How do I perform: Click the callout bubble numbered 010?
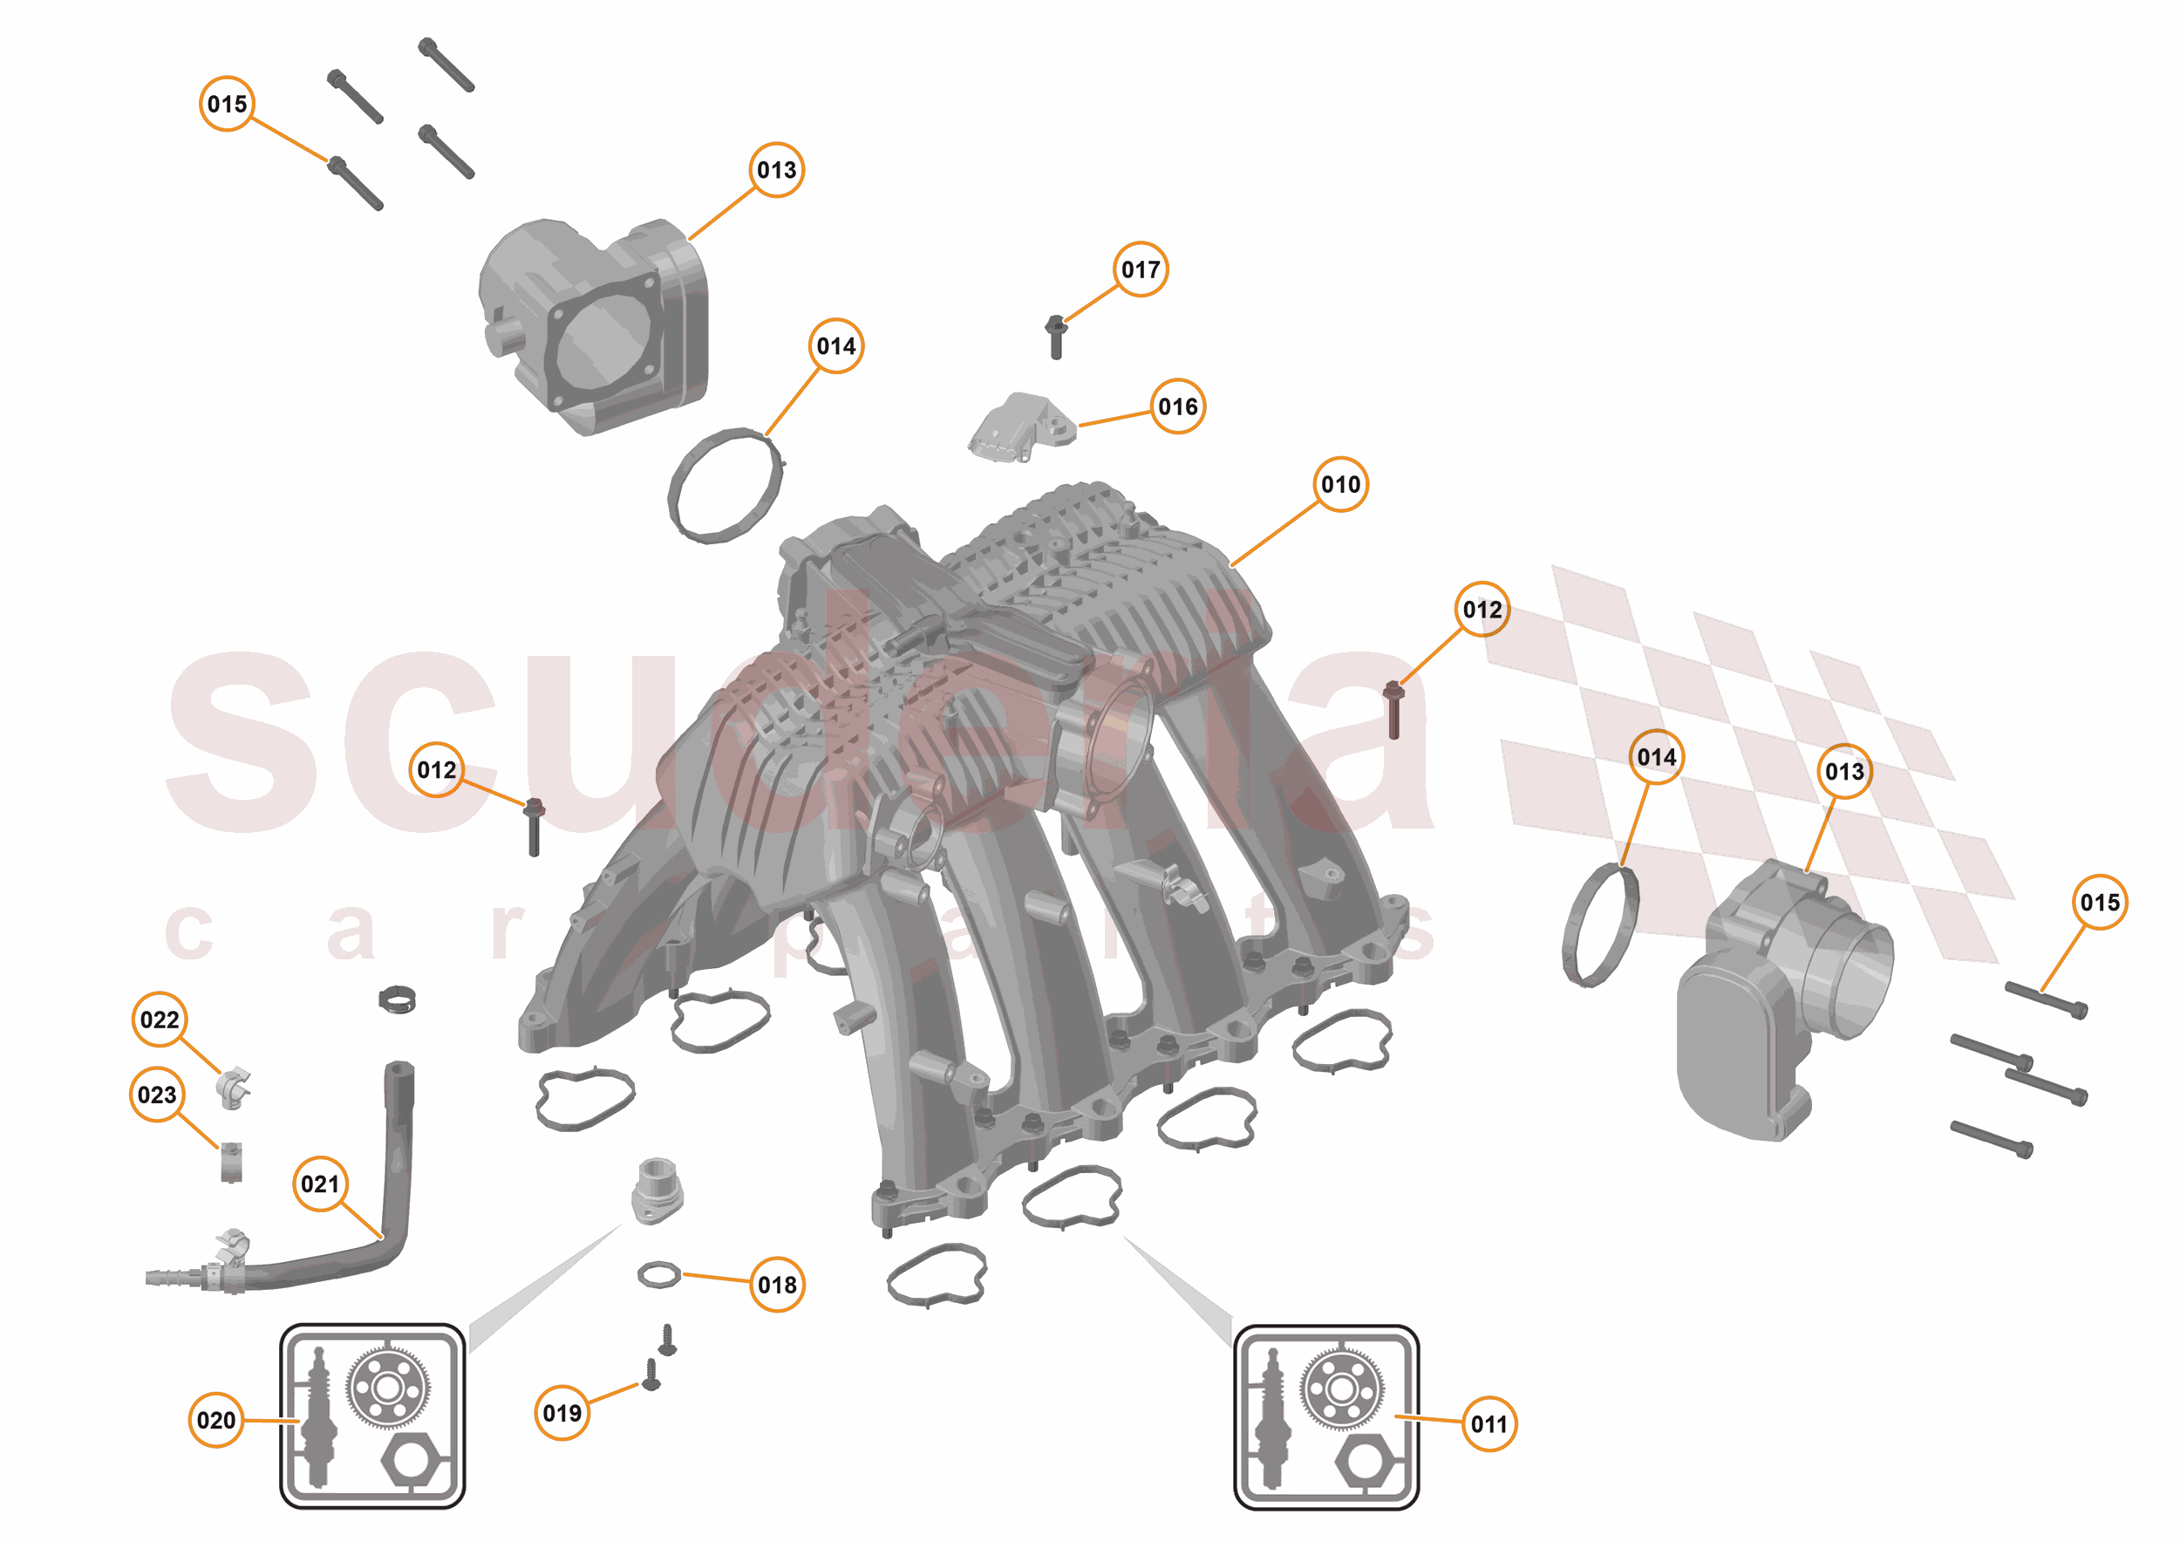[x=1339, y=484]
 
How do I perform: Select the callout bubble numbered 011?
[x=1488, y=1423]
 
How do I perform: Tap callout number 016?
[x=1177, y=406]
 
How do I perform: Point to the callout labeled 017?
[x=1140, y=270]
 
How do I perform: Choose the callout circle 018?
[x=777, y=1285]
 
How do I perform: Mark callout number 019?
[x=562, y=1413]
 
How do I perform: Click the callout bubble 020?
[x=215, y=1420]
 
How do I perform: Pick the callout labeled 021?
[x=320, y=1184]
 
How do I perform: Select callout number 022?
[x=159, y=1020]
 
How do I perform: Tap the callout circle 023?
[x=157, y=1095]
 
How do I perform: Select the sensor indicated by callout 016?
[x=1022, y=426]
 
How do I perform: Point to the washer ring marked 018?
[x=659, y=1274]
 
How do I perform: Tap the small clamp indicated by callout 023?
[x=231, y=1163]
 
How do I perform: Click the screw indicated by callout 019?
[x=651, y=1375]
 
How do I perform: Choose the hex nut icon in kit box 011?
[x=1364, y=1463]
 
